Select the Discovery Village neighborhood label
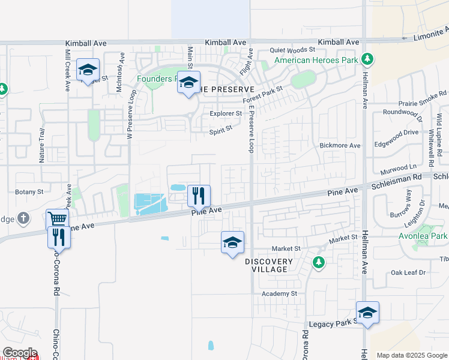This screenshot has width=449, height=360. [x=269, y=265]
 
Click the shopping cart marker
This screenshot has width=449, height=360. [x=57, y=219]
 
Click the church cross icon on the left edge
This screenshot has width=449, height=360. [x=23, y=218]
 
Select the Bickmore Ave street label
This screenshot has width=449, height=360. [x=340, y=146]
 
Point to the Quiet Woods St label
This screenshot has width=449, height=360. [x=292, y=50]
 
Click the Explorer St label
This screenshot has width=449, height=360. [x=225, y=113]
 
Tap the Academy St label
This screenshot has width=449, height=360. [x=279, y=293]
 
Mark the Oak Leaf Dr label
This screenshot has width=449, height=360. [x=408, y=272]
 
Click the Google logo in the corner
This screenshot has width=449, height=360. [x=20, y=353]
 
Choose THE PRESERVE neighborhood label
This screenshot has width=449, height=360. [x=230, y=89]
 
